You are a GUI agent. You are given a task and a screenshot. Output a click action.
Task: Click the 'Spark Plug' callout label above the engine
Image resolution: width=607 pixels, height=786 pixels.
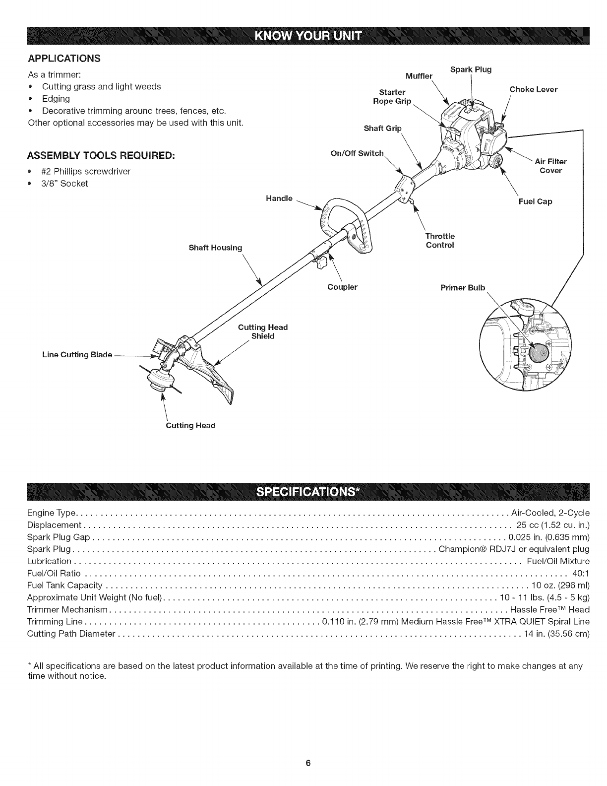coord(471,69)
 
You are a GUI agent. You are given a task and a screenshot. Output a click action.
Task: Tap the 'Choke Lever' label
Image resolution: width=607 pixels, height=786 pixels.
coord(533,89)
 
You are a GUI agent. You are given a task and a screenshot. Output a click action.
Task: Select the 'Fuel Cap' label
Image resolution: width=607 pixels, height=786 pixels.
coord(535,201)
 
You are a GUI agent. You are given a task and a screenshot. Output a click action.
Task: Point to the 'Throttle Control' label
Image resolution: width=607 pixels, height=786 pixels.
coord(440,241)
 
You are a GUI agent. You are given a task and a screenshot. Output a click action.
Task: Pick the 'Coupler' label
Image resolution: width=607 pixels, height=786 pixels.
coord(342,287)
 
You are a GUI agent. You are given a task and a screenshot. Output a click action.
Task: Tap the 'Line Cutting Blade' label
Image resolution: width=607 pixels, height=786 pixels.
coord(76,355)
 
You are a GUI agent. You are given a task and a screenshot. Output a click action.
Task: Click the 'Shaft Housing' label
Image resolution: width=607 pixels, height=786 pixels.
coord(215,248)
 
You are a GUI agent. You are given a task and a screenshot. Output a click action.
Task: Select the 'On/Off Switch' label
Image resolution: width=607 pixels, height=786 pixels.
coord(357,153)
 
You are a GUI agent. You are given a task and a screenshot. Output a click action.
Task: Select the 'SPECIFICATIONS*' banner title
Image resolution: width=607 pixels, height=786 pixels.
coord(303,491)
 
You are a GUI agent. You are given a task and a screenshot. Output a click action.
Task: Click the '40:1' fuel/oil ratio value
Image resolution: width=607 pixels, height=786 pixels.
coord(581,574)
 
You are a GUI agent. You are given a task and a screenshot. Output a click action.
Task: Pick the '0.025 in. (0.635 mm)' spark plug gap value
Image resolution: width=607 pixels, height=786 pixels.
coord(549,537)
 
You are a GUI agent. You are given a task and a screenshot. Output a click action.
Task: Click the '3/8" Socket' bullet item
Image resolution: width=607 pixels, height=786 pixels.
coord(64,184)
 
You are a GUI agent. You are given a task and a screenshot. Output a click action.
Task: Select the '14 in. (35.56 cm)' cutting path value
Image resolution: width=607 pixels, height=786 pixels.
coord(556,634)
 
